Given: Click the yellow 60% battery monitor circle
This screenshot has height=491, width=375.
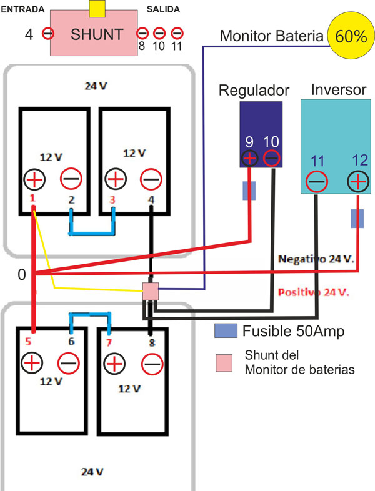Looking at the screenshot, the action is click(351, 36).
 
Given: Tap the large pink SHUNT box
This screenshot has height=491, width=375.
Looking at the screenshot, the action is click(94, 33).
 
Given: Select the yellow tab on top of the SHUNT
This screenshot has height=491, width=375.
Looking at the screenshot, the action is click(97, 9).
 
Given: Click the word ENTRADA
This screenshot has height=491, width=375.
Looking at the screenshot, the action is click(23, 9).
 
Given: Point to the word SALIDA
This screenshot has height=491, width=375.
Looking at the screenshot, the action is click(163, 9).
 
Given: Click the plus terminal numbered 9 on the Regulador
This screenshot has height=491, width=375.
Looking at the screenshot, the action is click(249, 159).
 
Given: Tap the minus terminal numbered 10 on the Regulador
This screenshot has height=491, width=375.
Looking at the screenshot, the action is click(271, 159).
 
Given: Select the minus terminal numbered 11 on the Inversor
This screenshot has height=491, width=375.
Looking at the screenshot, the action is click(317, 182).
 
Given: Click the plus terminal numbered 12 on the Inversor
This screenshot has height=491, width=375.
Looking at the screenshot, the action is click(358, 182).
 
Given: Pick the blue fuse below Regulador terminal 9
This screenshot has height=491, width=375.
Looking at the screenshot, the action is click(249, 191).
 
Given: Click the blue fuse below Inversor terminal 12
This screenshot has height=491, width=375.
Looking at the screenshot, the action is click(357, 218).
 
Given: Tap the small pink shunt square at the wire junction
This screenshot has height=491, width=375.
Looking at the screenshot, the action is click(151, 291).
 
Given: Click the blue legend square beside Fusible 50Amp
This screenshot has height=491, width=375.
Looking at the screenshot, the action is click(226, 330).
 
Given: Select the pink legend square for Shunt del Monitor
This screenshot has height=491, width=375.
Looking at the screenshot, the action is click(224, 363).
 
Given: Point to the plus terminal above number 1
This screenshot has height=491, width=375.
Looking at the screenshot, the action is click(34, 179).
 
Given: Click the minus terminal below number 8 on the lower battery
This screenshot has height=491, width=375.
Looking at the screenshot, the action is click(152, 364).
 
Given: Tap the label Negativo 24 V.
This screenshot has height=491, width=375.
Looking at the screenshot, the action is click(316, 259).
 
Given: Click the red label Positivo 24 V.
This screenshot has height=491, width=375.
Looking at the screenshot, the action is click(314, 292).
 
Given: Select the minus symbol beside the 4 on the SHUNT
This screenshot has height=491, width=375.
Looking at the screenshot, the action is click(48, 34).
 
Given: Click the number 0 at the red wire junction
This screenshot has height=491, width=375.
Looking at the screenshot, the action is click(22, 275).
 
